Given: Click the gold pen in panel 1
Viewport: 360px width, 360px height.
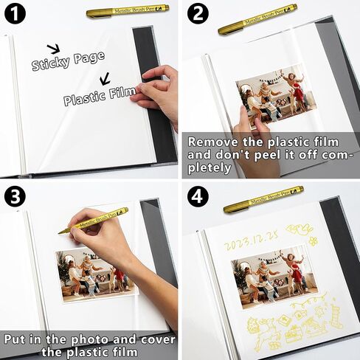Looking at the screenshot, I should tap(127, 11).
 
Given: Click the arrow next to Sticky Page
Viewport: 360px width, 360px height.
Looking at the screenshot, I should tap(54, 49).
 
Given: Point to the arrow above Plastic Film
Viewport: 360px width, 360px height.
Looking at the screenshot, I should tap(105, 77).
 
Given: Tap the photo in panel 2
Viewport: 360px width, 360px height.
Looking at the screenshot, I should tap(274, 96).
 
